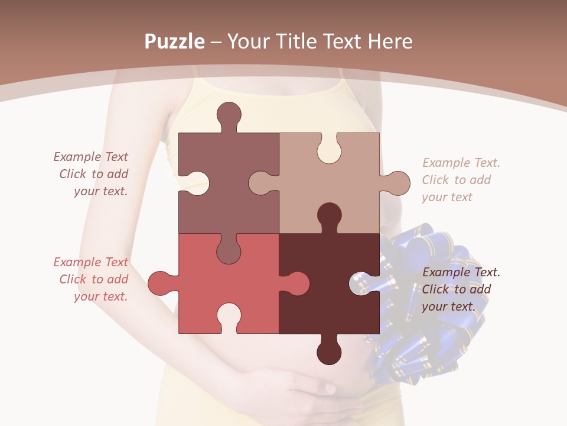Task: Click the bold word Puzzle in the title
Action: click(x=174, y=41)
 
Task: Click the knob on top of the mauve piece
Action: click(x=229, y=115)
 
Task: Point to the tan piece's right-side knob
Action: click(x=397, y=183)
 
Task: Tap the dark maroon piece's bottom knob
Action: click(x=329, y=352)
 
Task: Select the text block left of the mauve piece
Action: click(x=92, y=174)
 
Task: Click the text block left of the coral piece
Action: click(x=92, y=279)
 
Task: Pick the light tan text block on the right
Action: click(x=461, y=180)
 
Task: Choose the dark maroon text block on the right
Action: click(x=461, y=289)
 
